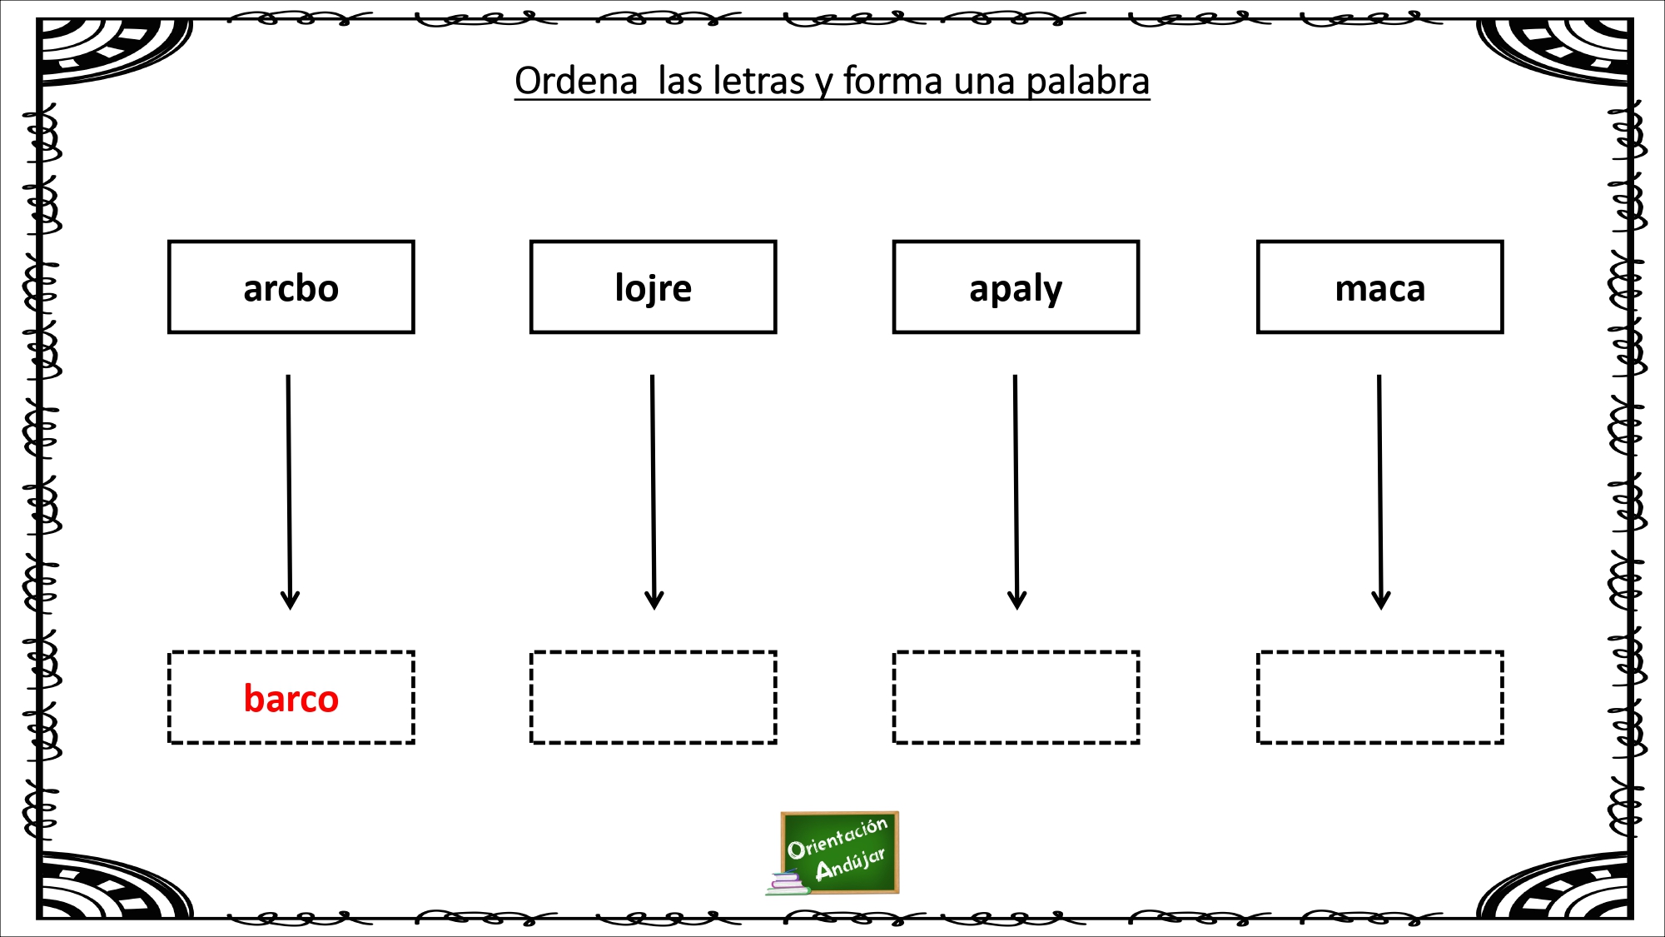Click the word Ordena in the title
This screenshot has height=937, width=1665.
coord(576,82)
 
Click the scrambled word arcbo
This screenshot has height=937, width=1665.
coord(291,288)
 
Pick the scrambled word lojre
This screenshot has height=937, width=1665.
coord(654,288)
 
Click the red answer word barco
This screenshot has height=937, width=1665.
coord(291,698)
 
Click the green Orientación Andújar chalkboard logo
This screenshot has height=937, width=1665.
coord(840,852)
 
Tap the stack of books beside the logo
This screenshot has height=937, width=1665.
coord(788,883)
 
